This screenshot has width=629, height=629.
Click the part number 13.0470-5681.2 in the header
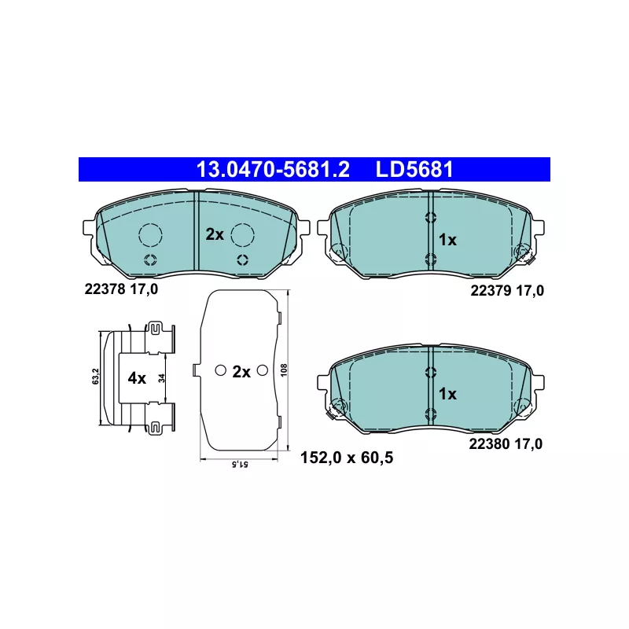click(x=273, y=169)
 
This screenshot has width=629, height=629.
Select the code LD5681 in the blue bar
click(x=414, y=169)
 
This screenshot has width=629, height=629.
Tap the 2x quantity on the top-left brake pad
click(x=215, y=234)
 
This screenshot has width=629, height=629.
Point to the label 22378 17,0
click(x=121, y=289)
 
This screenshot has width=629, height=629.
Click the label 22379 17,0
click(x=507, y=290)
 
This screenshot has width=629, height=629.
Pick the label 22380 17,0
click(x=506, y=444)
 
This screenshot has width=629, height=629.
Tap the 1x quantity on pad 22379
click(x=447, y=240)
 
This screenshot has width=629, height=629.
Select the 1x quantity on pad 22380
click(x=447, y=394)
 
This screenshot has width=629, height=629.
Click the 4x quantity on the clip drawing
click(x=137, y=378)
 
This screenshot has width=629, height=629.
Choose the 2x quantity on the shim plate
click(x=241, y=372)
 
